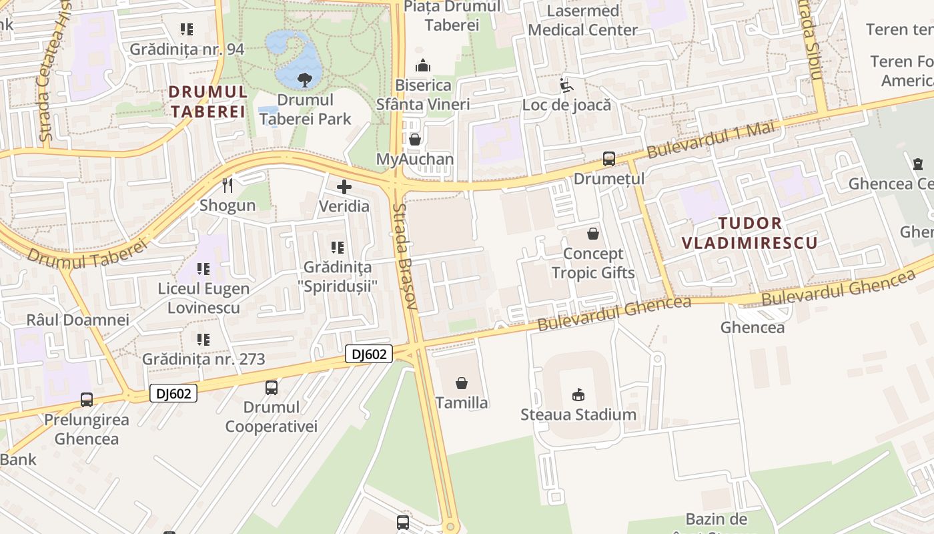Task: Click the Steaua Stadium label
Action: pyautogui.click(x=578, y=415)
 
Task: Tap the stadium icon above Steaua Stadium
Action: pyautogui.click(x=578, y=394)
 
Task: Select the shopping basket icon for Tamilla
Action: pyautogui.click(x=461, y=383)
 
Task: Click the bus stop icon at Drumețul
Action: pyautogui.click(x=608, y=159)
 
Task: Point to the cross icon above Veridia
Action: pyautogui.click(x=344, y=186)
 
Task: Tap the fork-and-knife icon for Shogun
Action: pyautogui.click(x=227, y=185)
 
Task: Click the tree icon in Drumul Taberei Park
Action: pyautogui.click(x=305, y=80)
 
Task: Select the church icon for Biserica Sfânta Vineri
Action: pyautogui.click(x=422, y=65)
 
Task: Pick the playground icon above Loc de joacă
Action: pyautogui.click(x=566, y=85)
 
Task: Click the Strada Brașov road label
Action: pyautogui.click(x=405, y=257)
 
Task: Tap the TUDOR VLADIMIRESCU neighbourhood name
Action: pyautogui.click(x=750, y=232)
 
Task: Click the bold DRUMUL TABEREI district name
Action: pyautogui.click(x=207, y=101)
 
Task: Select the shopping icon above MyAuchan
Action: pyautogui.click(x=415, y=140)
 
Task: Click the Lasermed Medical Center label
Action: pyautogui.click(x=582, y=20)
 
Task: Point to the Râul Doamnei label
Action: pyautogui.click(x=77, y=320)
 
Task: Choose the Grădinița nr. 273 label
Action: pyautogui.click(x=203, y=359)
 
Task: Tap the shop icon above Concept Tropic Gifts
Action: pyautogui.click(x=592, y=234)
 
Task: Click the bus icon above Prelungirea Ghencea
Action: pyautogui.click(x=87, y=400)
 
